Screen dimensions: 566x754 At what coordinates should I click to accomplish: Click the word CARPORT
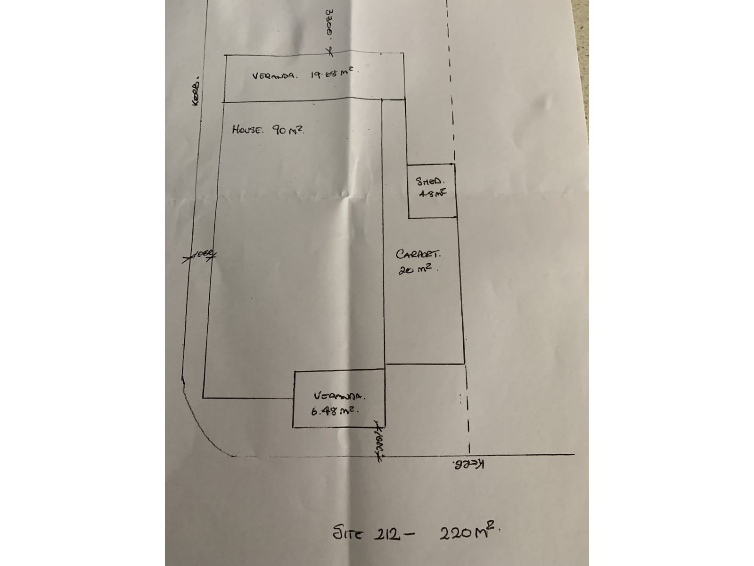click(x=418, y=255)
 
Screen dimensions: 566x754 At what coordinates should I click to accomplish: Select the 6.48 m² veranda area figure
click(x=336, y=410)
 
